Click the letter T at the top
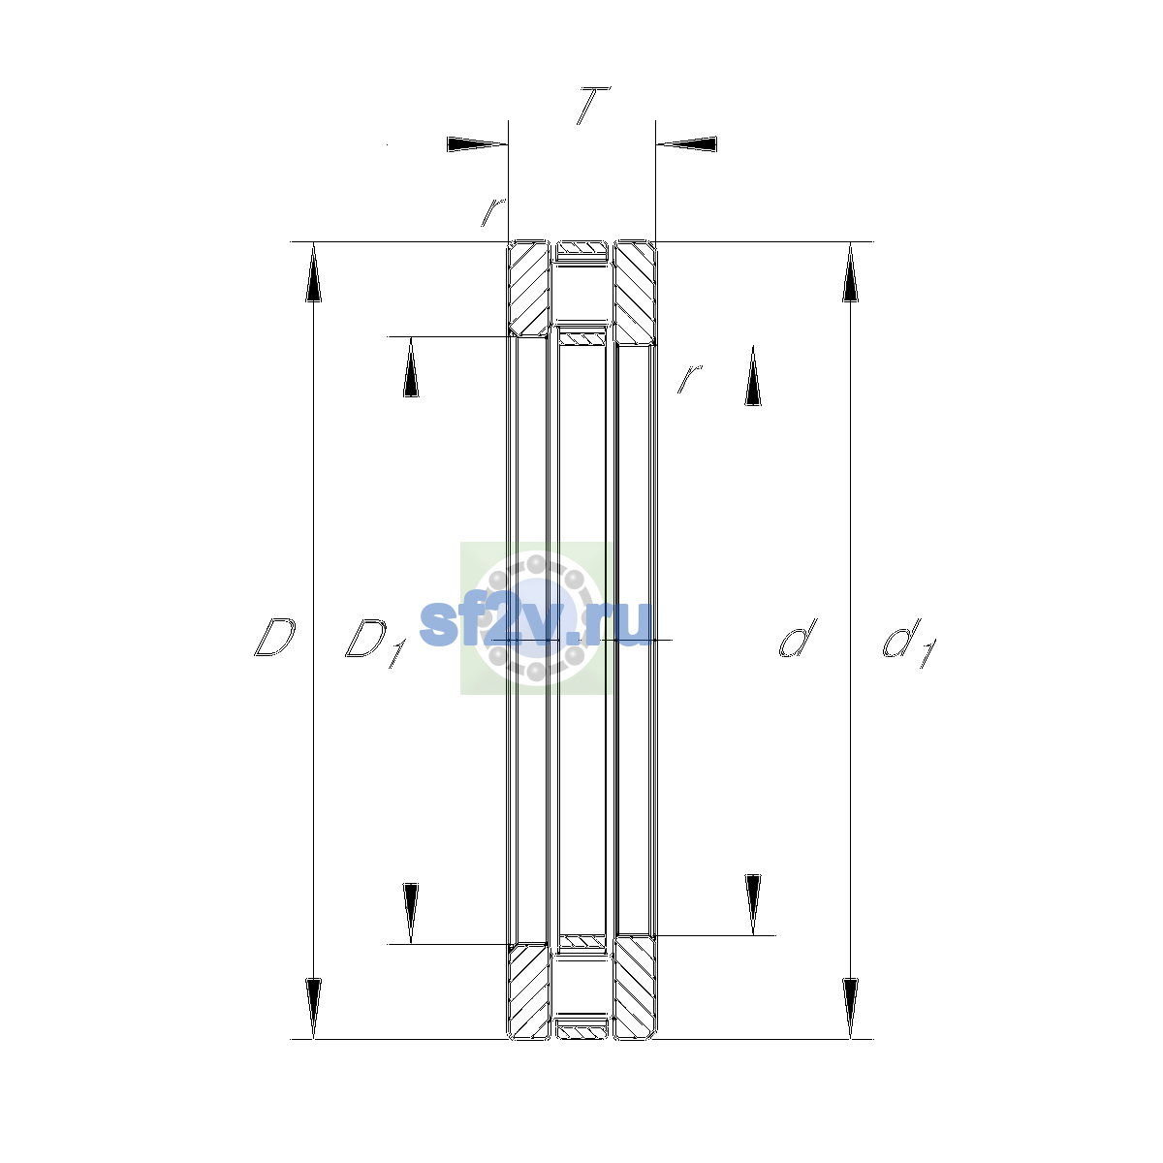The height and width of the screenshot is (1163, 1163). coord(593,106)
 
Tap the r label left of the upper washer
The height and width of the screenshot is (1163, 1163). coord(493,212)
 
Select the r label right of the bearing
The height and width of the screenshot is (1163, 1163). coord(689,378)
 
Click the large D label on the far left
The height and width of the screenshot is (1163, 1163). coord(274,638)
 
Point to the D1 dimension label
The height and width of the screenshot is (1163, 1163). coord(375,643)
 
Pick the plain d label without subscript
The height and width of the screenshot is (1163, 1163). coord(798,638)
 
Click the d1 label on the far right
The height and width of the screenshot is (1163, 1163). coord(909,643)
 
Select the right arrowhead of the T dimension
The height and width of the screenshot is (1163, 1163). coord(687,144)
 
